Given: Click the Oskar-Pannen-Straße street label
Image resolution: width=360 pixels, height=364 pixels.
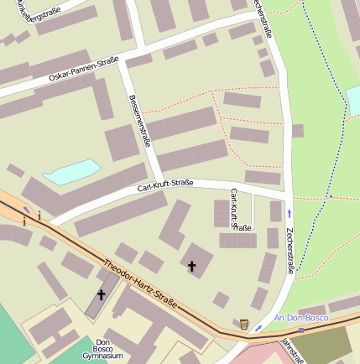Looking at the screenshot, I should (84, 70).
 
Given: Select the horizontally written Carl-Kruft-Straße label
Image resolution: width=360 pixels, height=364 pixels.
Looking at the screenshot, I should (165, 185).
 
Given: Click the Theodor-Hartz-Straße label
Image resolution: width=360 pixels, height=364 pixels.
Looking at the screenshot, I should (141, 284).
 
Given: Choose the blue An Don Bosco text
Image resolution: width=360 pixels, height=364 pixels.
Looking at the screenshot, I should (300, 320).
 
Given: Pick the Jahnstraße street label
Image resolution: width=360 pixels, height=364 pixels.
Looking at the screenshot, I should (293, 349).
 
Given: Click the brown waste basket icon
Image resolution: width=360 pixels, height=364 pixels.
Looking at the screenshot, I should (244, 324).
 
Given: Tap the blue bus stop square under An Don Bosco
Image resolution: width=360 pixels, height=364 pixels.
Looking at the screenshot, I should (300, 330).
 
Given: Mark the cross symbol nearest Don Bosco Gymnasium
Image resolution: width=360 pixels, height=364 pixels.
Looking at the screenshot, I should (102, 294).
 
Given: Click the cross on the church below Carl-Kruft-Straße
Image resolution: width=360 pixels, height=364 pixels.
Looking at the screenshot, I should (191, 267).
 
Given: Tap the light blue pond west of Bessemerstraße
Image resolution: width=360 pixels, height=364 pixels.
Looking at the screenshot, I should (71, 173).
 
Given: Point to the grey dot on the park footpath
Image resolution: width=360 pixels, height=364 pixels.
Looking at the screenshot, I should (331, 196).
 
